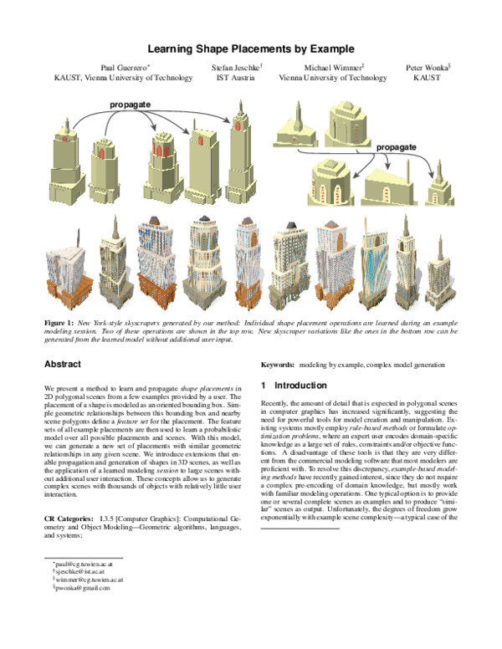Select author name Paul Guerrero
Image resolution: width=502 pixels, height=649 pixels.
pos(122,66)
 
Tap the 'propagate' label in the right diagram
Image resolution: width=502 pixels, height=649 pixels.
pos(396,147)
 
